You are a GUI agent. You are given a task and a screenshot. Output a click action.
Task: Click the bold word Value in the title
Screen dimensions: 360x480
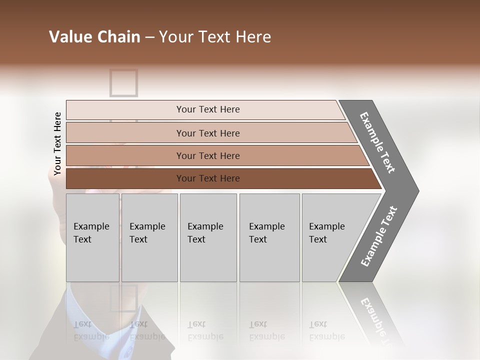click(x=69, y=37)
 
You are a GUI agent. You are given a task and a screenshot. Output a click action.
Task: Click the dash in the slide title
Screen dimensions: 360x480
click(x=149, y=37)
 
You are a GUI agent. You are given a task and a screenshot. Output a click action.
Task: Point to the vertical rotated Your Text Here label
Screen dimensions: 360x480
click(x=57, y=144)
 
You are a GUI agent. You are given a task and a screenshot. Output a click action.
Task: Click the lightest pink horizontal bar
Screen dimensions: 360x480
click(x=207, y=109)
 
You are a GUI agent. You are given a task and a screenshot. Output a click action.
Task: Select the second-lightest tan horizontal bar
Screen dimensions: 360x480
click(x=207, y=133)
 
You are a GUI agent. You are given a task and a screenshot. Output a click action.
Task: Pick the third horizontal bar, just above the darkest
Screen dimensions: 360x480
click(x=207, y=155)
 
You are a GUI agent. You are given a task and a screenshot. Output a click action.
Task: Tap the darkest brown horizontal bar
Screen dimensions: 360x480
click(x=207, y=178)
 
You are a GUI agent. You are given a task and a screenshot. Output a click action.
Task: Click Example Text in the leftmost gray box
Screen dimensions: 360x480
click(x=91, y=233)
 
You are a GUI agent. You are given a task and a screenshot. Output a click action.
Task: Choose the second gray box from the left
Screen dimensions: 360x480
click(x=148, y=237)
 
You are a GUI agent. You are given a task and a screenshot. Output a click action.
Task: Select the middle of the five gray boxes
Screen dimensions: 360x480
click(x=207, y=237)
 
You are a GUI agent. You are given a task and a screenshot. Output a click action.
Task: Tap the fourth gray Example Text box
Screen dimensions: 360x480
click(x=269, y=237)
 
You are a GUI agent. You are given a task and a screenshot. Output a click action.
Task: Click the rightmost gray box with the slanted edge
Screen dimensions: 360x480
click(x=330, y=237)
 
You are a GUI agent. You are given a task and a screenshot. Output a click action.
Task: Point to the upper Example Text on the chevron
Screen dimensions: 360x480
click(x=377, y=142)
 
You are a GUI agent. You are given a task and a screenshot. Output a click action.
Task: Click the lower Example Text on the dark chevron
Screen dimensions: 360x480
click(x=379, y=236)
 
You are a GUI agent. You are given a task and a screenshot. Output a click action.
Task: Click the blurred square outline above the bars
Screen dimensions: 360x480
click(x=123, y=82)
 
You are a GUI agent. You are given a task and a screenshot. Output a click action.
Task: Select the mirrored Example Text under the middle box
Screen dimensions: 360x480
click(x=205, y=330)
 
